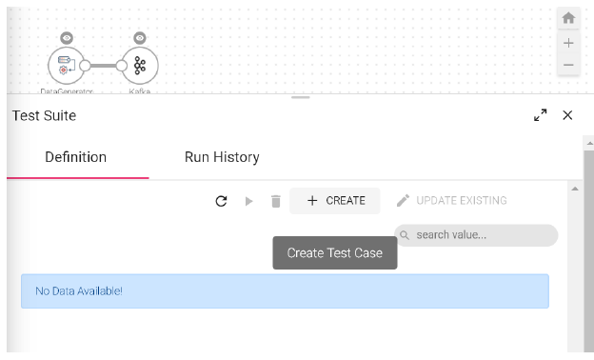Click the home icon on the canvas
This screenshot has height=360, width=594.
[x=568, y=18]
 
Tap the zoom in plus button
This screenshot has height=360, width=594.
[x=568, y=43]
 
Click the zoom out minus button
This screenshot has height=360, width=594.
[x=568, y=66]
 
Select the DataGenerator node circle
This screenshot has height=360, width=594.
[x=65, y=65]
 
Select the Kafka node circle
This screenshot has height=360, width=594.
[x=140, y=65]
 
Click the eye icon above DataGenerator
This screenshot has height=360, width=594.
[x=66, y=38]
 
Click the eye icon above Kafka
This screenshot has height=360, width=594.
[x=140, y=38]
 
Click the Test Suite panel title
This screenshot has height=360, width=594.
[x=44, y=115]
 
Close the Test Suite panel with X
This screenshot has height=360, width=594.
[x=567, y=115]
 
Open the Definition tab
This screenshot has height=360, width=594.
[x=76, y=157]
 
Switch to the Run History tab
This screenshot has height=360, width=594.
[x=222, y=157]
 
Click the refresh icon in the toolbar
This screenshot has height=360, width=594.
[x=222, y=201]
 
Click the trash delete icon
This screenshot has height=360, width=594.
[x=276, y=201]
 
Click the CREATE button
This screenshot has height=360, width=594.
[x=335, y=201]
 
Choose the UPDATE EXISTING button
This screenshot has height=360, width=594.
[x=451, y=201]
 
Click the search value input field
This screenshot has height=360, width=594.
[x=482, y=235]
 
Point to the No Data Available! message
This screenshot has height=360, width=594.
[x=79, y=290]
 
